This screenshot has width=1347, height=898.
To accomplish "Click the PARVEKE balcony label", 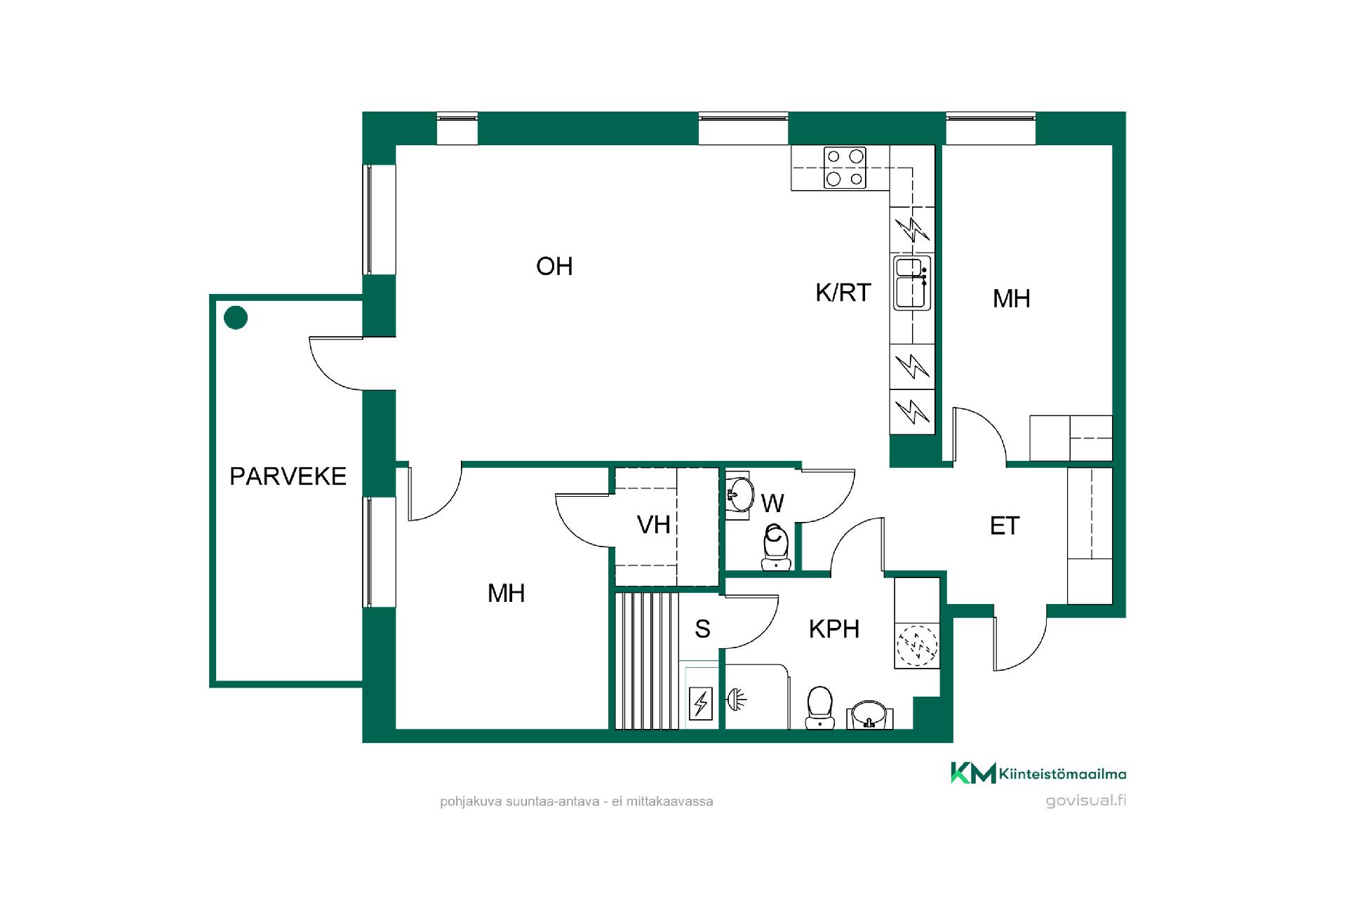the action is click(x=288, y=476).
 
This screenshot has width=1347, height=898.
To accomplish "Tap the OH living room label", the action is click(x=554, y=267).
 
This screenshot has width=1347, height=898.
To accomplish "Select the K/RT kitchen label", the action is click(x=843, y=293).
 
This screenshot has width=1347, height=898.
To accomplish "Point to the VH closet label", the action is click(x=653, y=525).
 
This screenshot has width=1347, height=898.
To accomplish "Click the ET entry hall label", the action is click(x=1005, y=526).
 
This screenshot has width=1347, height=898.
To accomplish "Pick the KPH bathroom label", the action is click(x=834, y=629).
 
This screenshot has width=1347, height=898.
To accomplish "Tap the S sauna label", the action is click(x=702, y=629).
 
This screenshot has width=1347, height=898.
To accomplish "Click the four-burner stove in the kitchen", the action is click(x=845, y=168).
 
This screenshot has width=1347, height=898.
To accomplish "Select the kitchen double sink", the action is click(x=912, y=283).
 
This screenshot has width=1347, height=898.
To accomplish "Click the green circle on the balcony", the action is click(x=236, y=318).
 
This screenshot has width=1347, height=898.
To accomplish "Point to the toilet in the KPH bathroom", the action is click(x=819, y=707).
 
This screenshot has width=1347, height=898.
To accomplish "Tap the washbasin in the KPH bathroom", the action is click(x=870, y=714).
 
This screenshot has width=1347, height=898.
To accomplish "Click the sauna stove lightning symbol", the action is click(x=701, y=703).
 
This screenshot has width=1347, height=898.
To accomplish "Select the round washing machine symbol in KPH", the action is click(x=917, y=645).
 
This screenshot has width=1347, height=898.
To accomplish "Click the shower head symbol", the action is click(x=736, y=699).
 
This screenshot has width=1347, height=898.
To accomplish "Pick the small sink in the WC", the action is click(x=738, y=495).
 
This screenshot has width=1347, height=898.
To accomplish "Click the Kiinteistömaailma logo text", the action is click(x=1062, y=774).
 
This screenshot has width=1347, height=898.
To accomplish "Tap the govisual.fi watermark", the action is click(x=1086, y=800).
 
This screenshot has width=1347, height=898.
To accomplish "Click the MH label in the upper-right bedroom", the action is click(x=1011, y=299).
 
